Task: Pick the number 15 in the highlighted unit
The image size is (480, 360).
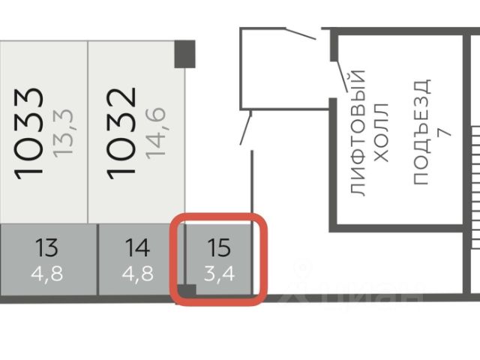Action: [x=220, y=246]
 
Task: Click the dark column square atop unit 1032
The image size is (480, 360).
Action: [x=184, y=52]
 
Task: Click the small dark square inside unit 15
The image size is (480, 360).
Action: [x=189, y=290]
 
